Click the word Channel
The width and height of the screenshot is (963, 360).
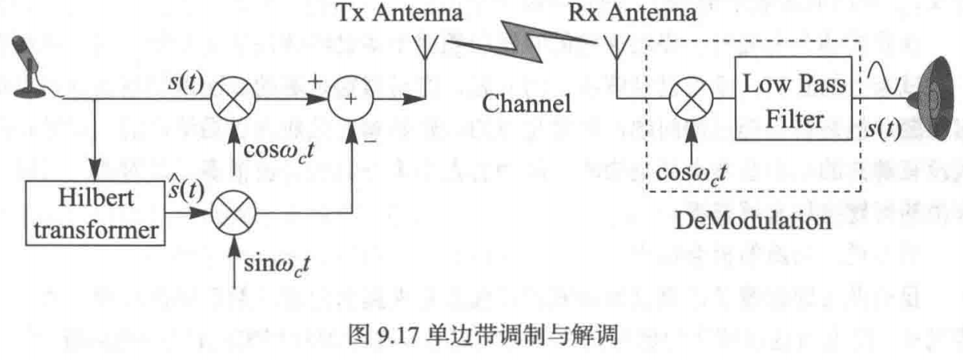526,103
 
